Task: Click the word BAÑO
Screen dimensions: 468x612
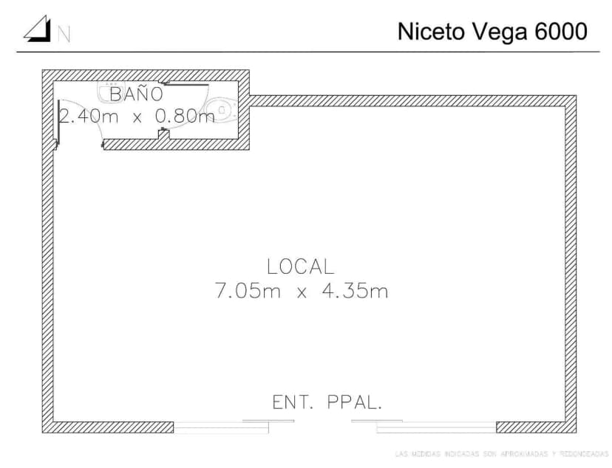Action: click(136, 94)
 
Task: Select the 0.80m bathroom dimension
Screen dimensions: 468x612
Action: click(185, 116)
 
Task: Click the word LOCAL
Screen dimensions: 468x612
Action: click(300, 266)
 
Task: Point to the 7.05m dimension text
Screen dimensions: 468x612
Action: click(248, 291)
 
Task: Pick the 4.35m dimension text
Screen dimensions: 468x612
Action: click(354, 291)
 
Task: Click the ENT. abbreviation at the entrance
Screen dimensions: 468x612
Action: click(294, 402)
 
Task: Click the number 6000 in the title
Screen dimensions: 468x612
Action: click(560, 32)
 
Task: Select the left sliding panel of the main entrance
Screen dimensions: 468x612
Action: click(222, 425)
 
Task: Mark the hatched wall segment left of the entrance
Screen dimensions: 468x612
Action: click(111, 427)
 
